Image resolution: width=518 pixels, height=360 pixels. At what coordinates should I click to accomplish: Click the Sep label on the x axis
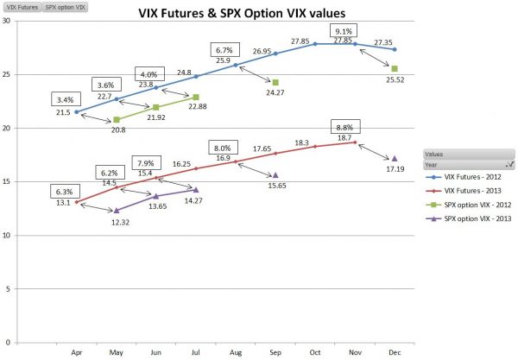(x=275, y=352)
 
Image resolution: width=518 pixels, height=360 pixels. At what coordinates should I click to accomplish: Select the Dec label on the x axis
(x=394, y=352)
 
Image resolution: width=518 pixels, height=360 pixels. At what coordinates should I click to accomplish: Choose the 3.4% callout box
(x=66, y=99)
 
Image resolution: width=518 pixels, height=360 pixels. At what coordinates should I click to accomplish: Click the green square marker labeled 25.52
(x=395, y=68)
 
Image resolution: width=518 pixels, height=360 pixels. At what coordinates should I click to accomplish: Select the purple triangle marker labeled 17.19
(x=395, y=158)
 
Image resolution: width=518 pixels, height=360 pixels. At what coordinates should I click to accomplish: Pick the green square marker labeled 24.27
(x=275, y=82)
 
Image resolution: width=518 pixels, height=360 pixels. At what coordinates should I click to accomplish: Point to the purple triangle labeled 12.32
(x=117, y=210)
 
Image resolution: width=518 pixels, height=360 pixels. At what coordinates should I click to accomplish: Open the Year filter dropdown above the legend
(x=510, y=161)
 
